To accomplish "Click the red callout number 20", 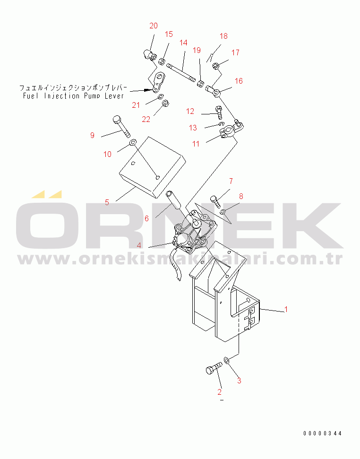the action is [x=154, y=26].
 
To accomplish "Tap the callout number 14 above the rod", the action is [x=183, y=43].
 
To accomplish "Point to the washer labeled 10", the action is [x=132, y=142].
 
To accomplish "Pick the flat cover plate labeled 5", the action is [x=153, y=167].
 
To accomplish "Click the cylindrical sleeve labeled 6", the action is [x=174, y=199].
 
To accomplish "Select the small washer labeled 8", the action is [x=223, y=211].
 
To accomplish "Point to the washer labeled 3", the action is [x=226, y=360].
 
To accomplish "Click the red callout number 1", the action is [x=286, y=309].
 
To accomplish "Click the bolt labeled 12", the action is [x=219, y=113].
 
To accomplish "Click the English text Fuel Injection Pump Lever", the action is [x=73, y=95].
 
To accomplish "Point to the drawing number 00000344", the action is [x=322, y=433].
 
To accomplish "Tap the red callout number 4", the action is [x=139, y=245].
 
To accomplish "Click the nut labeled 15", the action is [x=162, y=62].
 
